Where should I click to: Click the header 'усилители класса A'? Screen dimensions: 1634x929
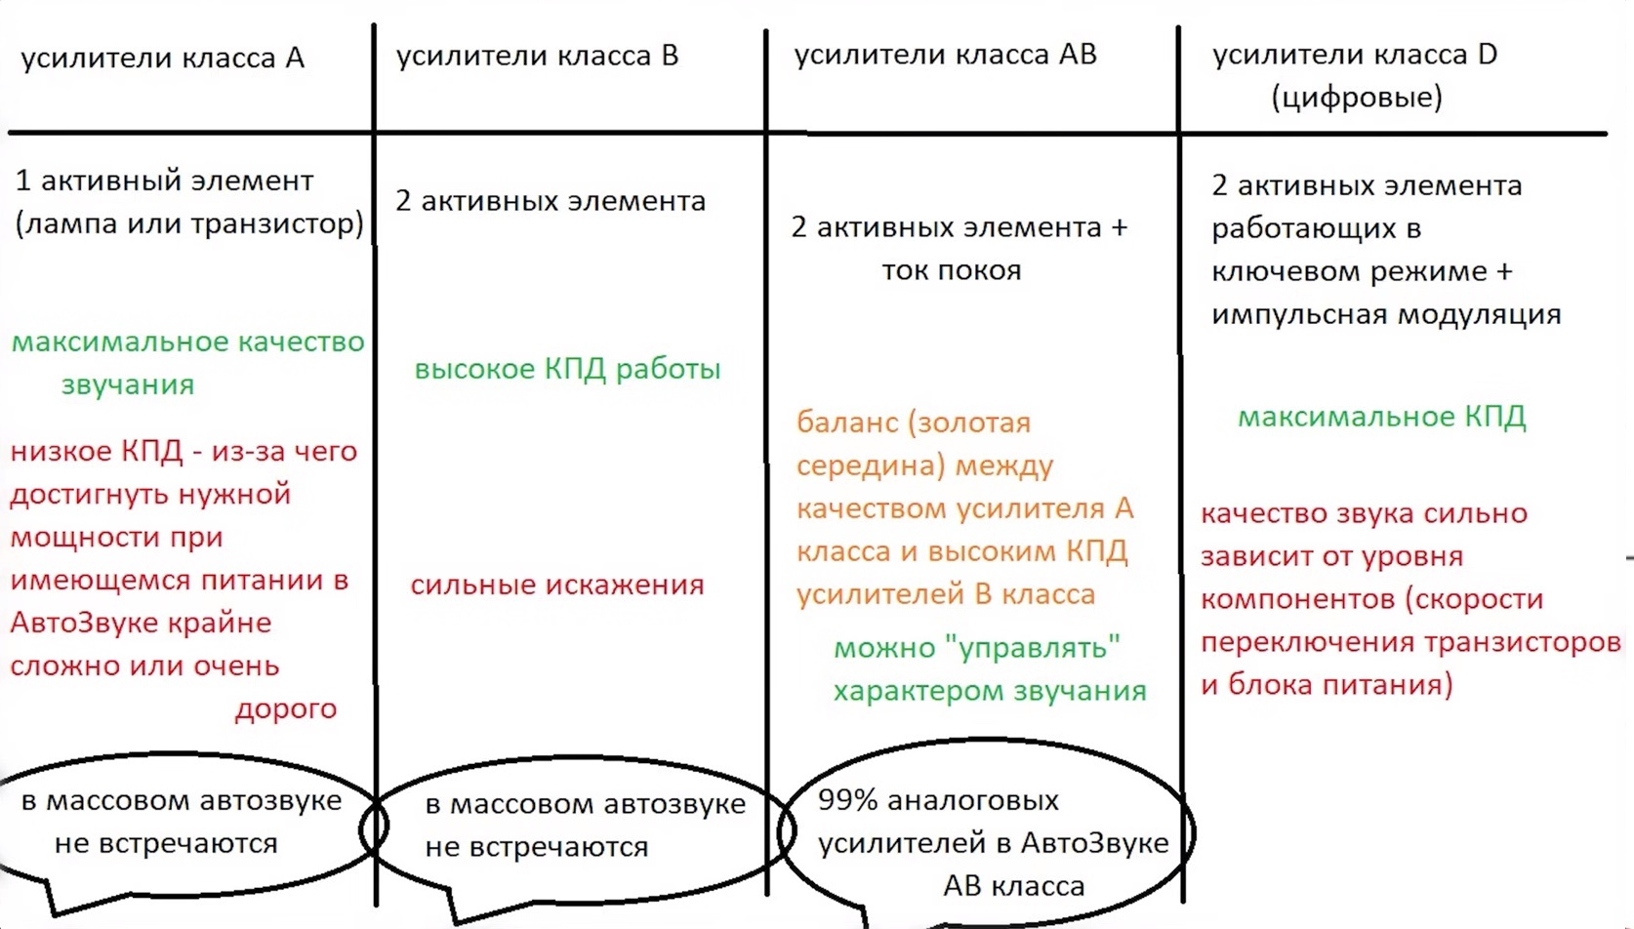163,59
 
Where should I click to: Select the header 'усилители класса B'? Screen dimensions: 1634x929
538,57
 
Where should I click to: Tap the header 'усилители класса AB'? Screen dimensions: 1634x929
946,55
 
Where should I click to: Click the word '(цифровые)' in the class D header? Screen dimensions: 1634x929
1357,97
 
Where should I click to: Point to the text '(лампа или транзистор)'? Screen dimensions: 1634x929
189,223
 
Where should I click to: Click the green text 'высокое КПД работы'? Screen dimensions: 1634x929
567,369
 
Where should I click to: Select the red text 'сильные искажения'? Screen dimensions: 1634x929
557,585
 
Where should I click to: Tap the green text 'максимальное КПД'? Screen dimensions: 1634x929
1381,417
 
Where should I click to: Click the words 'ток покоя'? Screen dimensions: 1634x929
952,270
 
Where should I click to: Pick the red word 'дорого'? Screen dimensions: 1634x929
286,708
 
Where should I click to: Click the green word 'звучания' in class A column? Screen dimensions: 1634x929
128,385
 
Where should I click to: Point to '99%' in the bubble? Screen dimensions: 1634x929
847,800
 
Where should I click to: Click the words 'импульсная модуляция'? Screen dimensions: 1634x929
1386,315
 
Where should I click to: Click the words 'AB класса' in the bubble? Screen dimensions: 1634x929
1014,886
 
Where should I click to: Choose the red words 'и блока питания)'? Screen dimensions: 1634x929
1327,685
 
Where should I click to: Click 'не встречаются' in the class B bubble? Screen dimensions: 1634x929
537,847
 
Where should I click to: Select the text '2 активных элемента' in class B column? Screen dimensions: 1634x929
551,201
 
